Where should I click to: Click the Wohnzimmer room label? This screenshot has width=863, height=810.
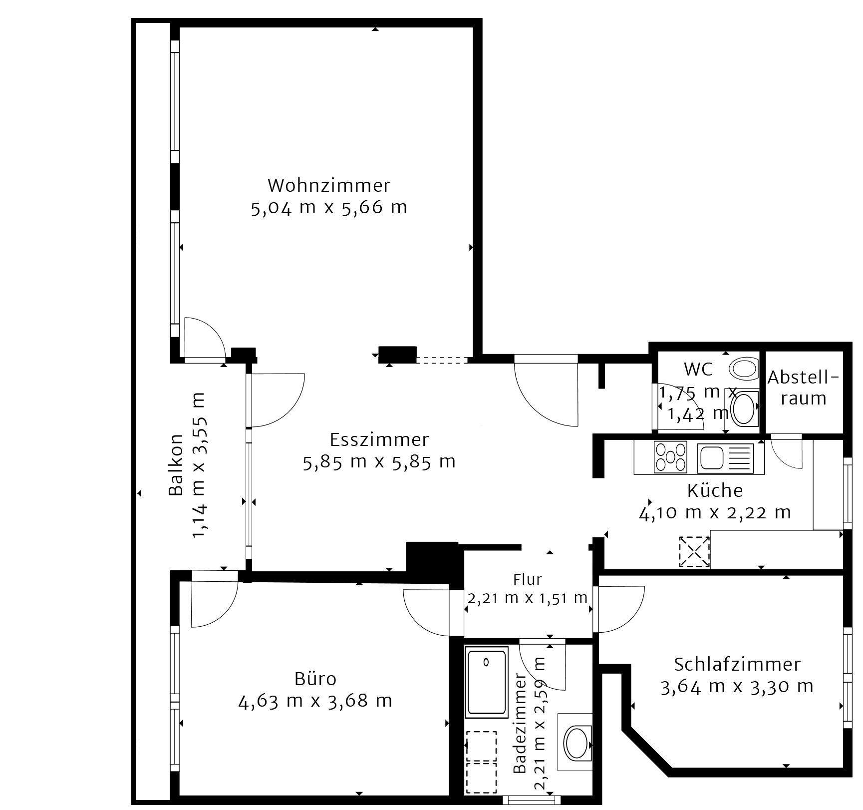coord(329,185)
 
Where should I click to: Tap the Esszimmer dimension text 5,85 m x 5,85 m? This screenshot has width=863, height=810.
coord(379,461)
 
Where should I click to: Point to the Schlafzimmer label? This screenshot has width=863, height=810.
coord(737,664)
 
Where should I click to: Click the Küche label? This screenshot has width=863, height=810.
coord(715,490)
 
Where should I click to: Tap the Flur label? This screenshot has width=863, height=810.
coord(528,579)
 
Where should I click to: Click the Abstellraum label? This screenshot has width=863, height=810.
coord(804,388)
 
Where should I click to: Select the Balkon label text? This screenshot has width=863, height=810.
coord(176,464)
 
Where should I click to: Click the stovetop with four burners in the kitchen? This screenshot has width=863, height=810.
coord(670,457)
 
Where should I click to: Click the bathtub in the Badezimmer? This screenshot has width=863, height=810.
coord(486,683)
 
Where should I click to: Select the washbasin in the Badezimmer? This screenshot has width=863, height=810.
coord(577,741)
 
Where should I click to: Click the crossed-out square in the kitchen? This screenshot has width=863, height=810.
coord(694,551)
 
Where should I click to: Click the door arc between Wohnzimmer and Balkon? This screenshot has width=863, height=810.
coord(205,338)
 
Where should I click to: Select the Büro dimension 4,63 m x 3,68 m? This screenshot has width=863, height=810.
coord(315,701)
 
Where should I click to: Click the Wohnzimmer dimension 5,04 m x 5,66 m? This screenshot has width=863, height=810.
coord(329,207)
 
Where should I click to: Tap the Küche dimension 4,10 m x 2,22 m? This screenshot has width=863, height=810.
coord(715,512)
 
